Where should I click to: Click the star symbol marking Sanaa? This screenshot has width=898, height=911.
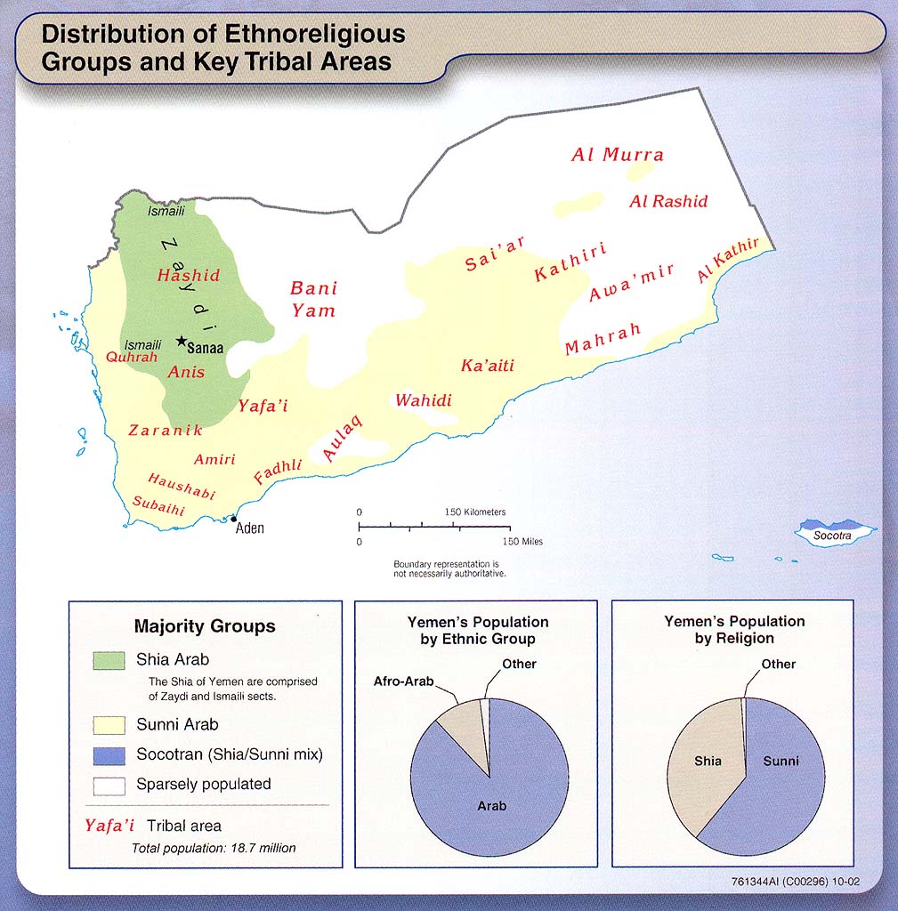(182, 341)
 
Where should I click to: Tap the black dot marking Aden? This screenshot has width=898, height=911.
(234, 519)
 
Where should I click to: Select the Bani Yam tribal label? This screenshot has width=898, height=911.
(314, 299)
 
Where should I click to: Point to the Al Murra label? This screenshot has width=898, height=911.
(617, 155)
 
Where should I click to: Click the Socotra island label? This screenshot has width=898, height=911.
(833, 536)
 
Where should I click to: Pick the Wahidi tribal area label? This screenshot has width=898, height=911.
(424, 400)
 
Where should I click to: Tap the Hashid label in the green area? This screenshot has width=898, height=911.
(188, 276)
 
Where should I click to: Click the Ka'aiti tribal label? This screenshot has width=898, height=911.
(488, 366)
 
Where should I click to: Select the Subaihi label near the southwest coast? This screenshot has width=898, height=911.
(158, 506)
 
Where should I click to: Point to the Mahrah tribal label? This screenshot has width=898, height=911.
(603, 340)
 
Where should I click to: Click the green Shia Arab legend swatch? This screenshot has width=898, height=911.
(109, 661)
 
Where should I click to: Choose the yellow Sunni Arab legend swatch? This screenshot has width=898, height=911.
(109, 724)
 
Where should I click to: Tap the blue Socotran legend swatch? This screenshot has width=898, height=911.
(109, 754)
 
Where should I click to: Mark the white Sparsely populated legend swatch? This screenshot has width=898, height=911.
(109, 785)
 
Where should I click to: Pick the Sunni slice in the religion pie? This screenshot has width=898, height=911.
(781, 762)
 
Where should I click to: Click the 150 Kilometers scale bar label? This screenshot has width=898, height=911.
(475, 512)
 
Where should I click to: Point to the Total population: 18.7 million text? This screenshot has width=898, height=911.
(214, 848)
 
